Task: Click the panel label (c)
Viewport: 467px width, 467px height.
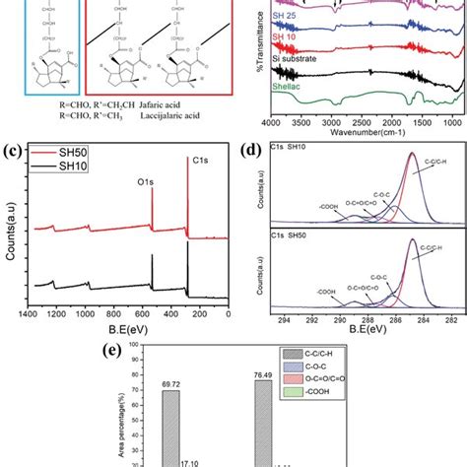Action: [x=13, y=151]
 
